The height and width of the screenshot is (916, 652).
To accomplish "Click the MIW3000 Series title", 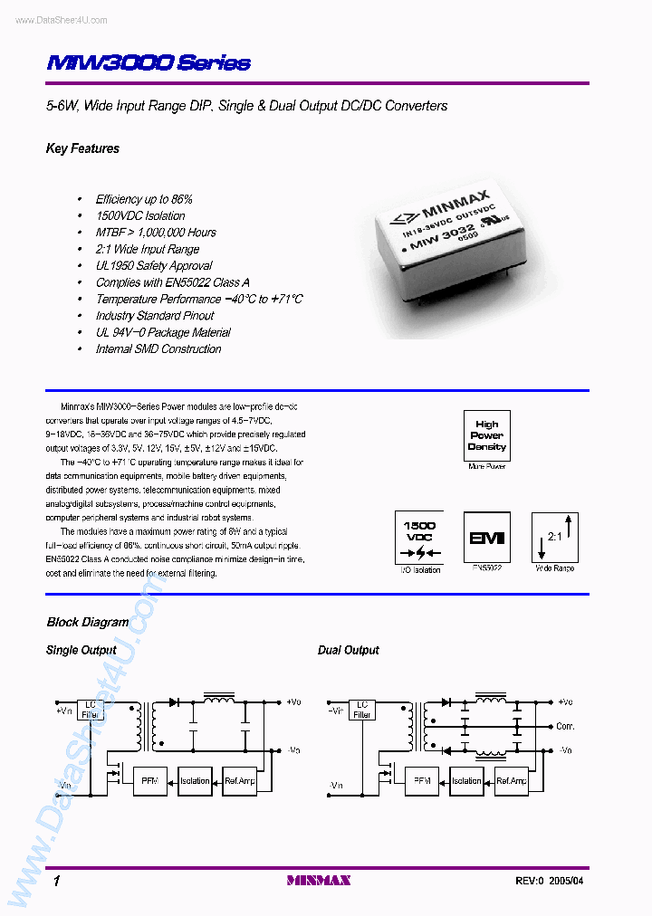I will (x=148, y=63).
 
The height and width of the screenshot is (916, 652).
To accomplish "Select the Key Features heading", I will (x=82, y=148).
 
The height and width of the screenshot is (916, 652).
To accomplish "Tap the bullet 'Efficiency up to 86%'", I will (x=144, y=199).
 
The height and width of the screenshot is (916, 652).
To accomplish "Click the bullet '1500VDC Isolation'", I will (x=140, y=215).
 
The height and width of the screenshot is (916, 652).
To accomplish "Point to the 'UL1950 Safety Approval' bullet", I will (x=154, y=266).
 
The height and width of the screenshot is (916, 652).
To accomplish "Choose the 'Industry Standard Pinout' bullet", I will (x=155, y=316).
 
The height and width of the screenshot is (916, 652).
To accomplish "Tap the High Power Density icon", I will (x=486, y=435).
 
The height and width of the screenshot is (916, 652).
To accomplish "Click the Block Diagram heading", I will (x=87, y=623).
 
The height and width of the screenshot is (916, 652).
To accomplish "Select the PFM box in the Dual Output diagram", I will (x=420, y=780).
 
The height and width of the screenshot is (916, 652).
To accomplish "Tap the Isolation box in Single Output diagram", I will (x=195, y=780).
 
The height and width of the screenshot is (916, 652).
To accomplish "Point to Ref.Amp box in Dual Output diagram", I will (x=511, y=780).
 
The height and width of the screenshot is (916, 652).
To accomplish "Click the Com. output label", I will (x=565, y=727).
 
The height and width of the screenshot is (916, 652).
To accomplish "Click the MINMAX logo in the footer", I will (x=318, y=880).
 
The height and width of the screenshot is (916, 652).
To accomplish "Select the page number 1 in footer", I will (x=56, y=881).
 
